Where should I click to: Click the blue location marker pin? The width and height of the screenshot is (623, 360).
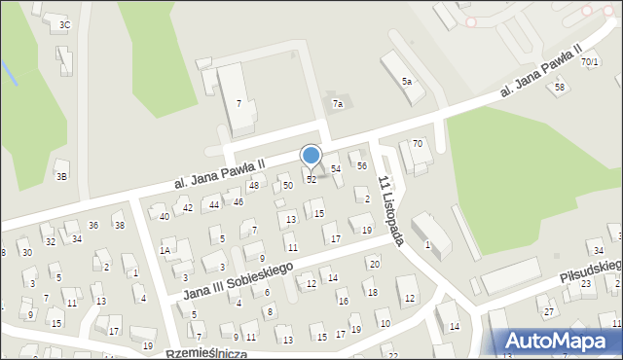tap(311, 156)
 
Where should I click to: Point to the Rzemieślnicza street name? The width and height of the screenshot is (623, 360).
tap(207, 353)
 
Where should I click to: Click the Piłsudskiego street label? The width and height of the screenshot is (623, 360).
tap(590, 269)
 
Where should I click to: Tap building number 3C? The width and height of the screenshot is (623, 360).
tap(64, 24)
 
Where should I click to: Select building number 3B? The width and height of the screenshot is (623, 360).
tap(61, 176)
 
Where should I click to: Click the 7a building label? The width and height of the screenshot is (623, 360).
tap(338, 103)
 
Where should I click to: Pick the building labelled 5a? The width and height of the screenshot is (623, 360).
tap(407, 82)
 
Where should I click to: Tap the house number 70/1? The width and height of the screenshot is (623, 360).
tap(590, 62)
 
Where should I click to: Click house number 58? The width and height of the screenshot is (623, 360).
tap(559, 88)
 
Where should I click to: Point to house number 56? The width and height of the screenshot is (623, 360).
tap(362, 166)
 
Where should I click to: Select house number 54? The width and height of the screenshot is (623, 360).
tap(336, 169)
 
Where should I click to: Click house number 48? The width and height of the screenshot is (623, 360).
tap(253, 185)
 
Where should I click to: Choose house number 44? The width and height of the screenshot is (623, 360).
tap(214, 204)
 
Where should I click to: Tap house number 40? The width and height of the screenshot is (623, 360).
tap(164, 216)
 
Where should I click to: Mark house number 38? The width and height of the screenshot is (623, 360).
tap(119, 226)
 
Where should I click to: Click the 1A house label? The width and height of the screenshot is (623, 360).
tap(165, 250)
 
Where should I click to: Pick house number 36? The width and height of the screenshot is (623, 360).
tap(93, 226)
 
